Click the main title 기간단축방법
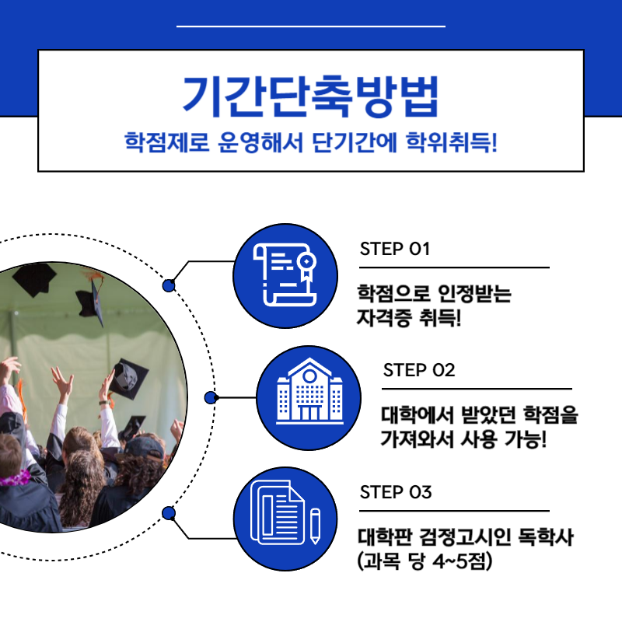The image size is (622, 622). pyautogui.click(x=310, y=95)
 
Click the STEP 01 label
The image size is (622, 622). pyautogui.click(x=395, y=250)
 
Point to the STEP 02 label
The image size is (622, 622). pyautogui.click(x=418, y=370)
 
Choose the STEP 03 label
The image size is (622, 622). pyautogui.click(x=395, y=493)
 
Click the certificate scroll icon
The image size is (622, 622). pyautogui.click(x=285, y=276)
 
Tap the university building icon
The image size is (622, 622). pyautogui.click(x=309, y=397)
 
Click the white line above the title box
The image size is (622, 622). pyautogui.click(x=310, y=26)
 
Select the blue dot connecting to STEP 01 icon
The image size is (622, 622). pyautogui.click(x=169, y=285)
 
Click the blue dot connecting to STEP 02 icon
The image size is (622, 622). pyautogui.click(x=210, y=398)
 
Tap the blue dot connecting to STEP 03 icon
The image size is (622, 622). pyautogui.click(x=169, y=512)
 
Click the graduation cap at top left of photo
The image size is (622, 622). pyautogui.click(x=35, y=278)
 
